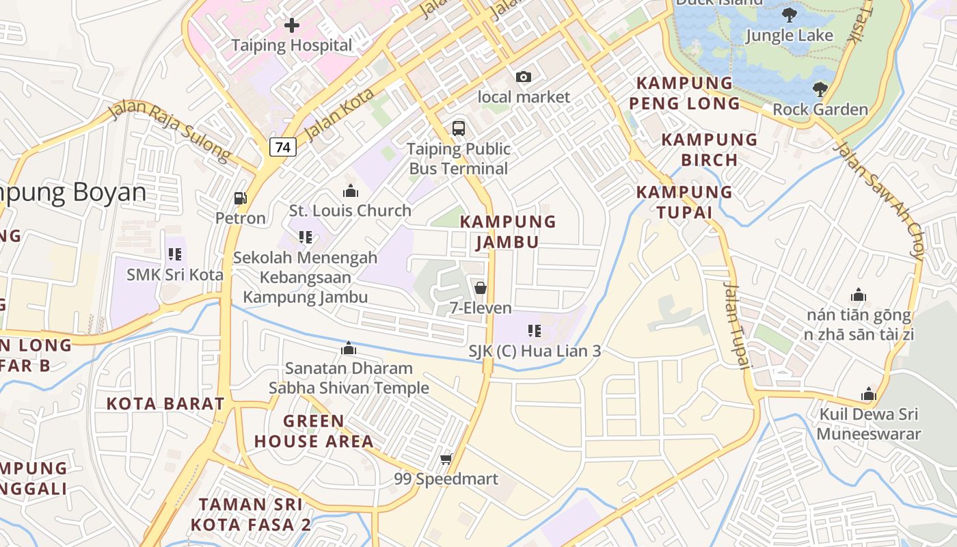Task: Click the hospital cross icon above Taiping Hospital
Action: point(292,26)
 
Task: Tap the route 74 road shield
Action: point(282,147)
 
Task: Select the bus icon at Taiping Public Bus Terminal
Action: point(458,128)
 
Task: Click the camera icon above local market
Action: point(524,77)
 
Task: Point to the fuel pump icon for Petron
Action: point(240,198)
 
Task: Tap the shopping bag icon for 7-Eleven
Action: point(481,288)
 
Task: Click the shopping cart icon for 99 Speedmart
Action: point(446,459)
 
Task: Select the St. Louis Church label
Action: point(350,211)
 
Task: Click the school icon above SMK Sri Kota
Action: point(175,254)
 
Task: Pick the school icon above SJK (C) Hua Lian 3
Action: point(535,331)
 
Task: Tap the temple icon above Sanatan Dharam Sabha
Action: point(349,349)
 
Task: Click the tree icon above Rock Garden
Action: point(820,89)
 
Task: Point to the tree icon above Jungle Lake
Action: point(790,15)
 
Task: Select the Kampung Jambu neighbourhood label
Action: point(508,232)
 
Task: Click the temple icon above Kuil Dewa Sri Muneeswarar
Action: point(869,394)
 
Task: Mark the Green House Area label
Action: point(314,431)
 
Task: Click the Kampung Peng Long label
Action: point(687,93)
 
